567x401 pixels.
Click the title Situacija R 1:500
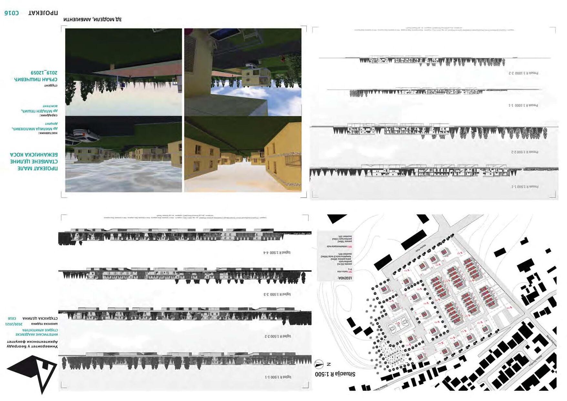coord(335,374)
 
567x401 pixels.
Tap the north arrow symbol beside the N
coord(319,364)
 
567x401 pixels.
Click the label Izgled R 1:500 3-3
coord(277,294)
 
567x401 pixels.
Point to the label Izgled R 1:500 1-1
coord(278,377)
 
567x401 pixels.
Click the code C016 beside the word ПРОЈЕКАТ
coord(12,13)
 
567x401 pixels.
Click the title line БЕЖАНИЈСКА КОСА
coord(34,155)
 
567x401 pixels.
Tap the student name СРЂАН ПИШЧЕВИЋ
coord(36,79)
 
